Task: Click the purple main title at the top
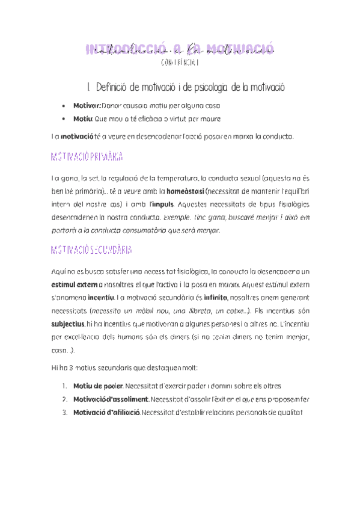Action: pyautogui.click(x=180, y=49)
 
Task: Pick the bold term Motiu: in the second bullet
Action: pyautogui.click(x=83, y=119)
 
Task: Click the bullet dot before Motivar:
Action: pyautogui.click(x=64, y=105)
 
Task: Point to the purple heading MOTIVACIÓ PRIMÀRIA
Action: pyautogui.click(x=88, y=157)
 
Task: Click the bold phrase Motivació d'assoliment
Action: pyautogui.click(x=110, y=399)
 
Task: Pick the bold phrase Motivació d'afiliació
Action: pyautogui.click(x=106, y=413)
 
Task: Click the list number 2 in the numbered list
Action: pyautogui.click(x=64, y=399)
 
